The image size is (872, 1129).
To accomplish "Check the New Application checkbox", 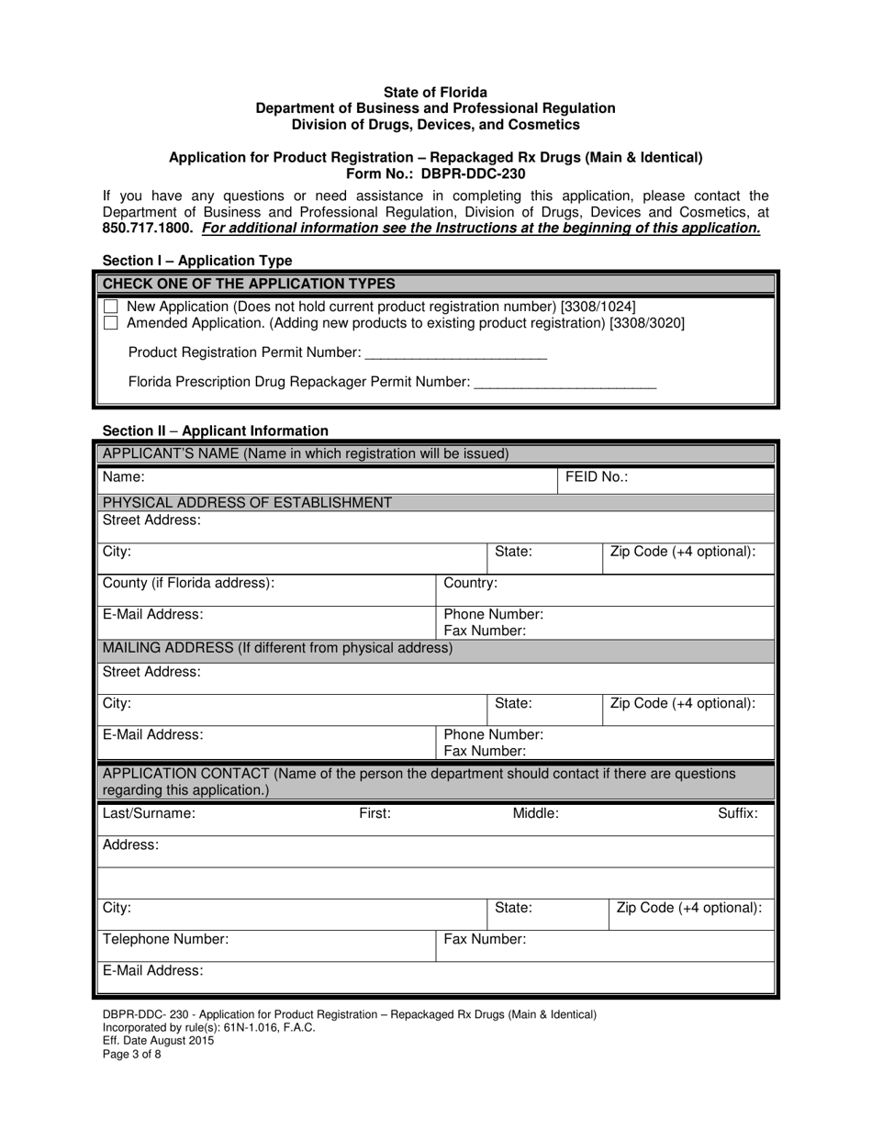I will point(111,306).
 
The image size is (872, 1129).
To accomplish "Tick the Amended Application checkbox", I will point(111,323).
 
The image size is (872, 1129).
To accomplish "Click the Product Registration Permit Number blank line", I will point(455,354).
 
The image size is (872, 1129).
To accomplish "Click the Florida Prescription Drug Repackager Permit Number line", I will point(565,384).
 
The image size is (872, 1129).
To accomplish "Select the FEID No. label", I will point(597,477).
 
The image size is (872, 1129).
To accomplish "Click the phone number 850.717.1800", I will point(148,228).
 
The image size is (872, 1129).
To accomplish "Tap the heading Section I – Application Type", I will point(197,261).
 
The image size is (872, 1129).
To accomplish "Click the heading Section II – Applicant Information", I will point(215,430).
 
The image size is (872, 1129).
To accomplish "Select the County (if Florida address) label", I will point(188,583).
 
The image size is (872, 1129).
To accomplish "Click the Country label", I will point(471,583).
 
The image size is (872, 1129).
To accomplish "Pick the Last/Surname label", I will point(149,813).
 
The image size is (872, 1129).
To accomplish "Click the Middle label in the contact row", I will point(535,813).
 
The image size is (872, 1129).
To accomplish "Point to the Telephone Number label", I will point(165,939).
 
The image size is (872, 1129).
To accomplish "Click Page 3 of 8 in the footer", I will point(132,1055).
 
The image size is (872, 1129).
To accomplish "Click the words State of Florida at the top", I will point(435,93).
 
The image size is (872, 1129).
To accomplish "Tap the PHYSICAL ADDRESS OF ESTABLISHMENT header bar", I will point(247,502).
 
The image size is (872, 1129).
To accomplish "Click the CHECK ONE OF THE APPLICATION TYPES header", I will point(249,284).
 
